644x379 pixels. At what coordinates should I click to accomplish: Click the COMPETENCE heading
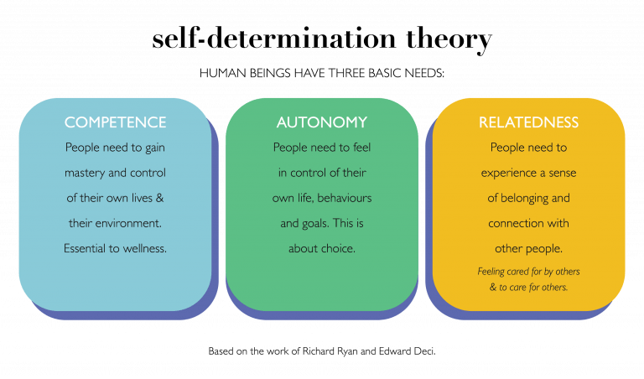115,122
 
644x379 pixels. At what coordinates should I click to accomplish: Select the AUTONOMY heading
322,122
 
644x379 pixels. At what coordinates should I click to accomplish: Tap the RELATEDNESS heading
528,122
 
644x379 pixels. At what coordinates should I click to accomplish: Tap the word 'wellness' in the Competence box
142,248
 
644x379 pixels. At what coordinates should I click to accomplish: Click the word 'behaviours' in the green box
343,198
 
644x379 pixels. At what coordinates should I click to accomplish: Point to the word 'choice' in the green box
338,248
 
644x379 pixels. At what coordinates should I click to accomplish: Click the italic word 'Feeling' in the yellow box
494,272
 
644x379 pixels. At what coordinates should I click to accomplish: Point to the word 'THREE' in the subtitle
340,74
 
